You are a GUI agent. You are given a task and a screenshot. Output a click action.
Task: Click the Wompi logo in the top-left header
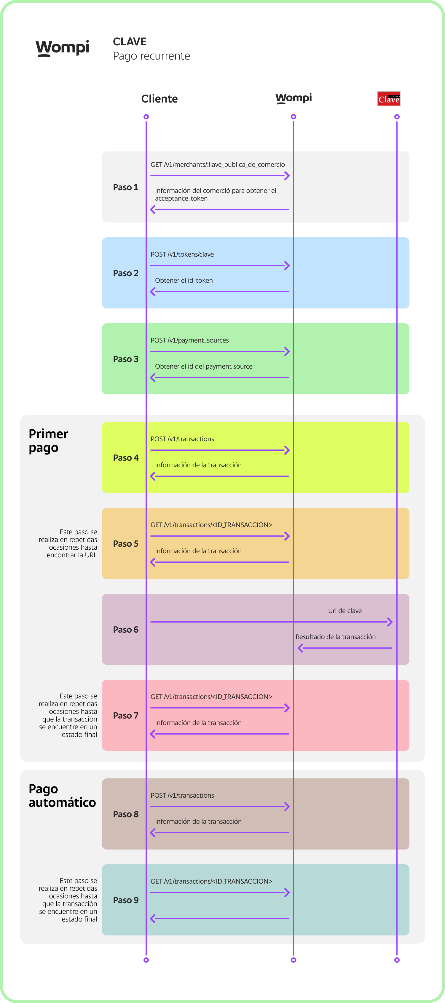(62, 48)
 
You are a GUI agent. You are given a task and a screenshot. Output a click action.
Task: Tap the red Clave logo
(388, 99)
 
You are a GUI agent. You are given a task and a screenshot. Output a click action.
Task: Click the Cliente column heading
(160, 99)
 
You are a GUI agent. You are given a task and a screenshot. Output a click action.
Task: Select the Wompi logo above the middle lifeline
(294, 98)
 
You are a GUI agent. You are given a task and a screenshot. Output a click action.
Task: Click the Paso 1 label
(125, 187)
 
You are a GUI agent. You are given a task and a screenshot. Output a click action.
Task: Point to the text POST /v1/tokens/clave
(182, 254)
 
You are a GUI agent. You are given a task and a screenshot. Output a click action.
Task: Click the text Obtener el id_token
(184, 280)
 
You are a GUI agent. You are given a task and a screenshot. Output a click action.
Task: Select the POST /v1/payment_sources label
(189, 340)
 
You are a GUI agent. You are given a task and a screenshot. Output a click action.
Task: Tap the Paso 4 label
(125, 458)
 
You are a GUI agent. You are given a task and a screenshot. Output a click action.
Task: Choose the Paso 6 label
(125, 630)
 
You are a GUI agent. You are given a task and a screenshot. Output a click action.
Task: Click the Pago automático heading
(62, 796)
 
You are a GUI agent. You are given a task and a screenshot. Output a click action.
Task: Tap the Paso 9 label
(125, 900)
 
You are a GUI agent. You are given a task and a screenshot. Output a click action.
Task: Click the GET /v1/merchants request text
(217, 164)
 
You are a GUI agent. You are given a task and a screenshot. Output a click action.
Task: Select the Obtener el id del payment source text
(203, 367)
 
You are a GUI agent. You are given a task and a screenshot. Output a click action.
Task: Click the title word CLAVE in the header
(129, 42)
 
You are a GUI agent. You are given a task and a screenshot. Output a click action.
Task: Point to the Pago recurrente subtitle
(151, 56)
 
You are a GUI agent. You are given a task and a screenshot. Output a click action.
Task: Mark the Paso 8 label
(125, 814)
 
